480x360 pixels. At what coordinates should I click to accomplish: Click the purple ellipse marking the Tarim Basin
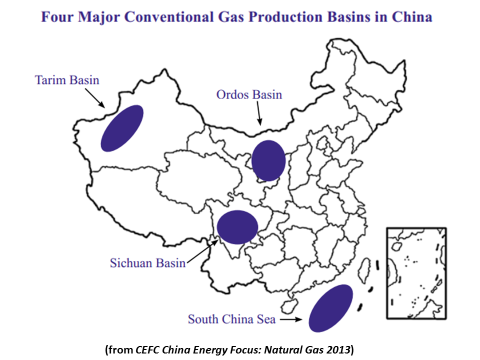(122, 128)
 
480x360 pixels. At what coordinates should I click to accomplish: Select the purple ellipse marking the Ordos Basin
(268, 160)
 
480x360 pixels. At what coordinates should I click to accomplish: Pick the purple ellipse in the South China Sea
(330, 308)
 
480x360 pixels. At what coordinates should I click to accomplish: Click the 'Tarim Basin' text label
(67, 80)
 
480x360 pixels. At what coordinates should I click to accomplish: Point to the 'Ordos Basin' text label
(249, 94)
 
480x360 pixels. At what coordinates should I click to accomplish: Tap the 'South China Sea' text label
(231, 319)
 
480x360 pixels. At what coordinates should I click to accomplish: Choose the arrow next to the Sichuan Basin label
(202, 251)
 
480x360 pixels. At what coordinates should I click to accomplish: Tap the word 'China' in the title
(413, 17)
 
